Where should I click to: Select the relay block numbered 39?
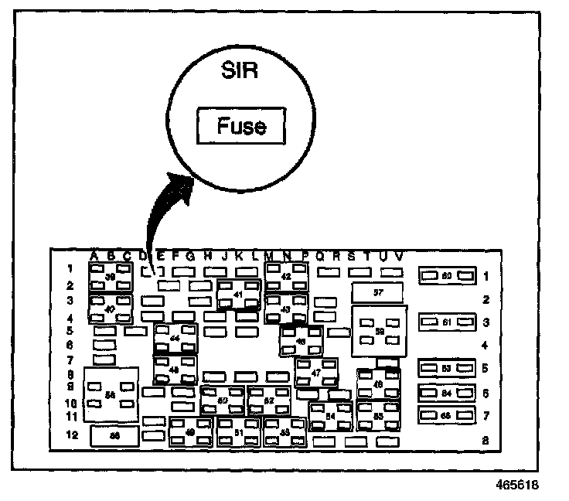[x=110, y=277]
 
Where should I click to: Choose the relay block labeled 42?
[x=285, y=276]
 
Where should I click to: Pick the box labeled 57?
[x=377, y=292]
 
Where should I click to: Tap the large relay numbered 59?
[x=378, y=330]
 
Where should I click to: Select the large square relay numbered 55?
[x=110, y=394]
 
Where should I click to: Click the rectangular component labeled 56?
[x=114, y=436]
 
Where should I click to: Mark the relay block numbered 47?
[x=315, y=372]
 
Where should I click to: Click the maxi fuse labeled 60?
[x=446, y=275]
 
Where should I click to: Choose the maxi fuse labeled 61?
[x=446, y=320]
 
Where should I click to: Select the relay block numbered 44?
[x=175, y=339]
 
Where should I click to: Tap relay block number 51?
[x=238, y=432]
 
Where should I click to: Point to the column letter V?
[x=398, y=256]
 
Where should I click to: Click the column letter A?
[x=94, y=256]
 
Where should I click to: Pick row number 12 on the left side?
[x=71, y=435]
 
